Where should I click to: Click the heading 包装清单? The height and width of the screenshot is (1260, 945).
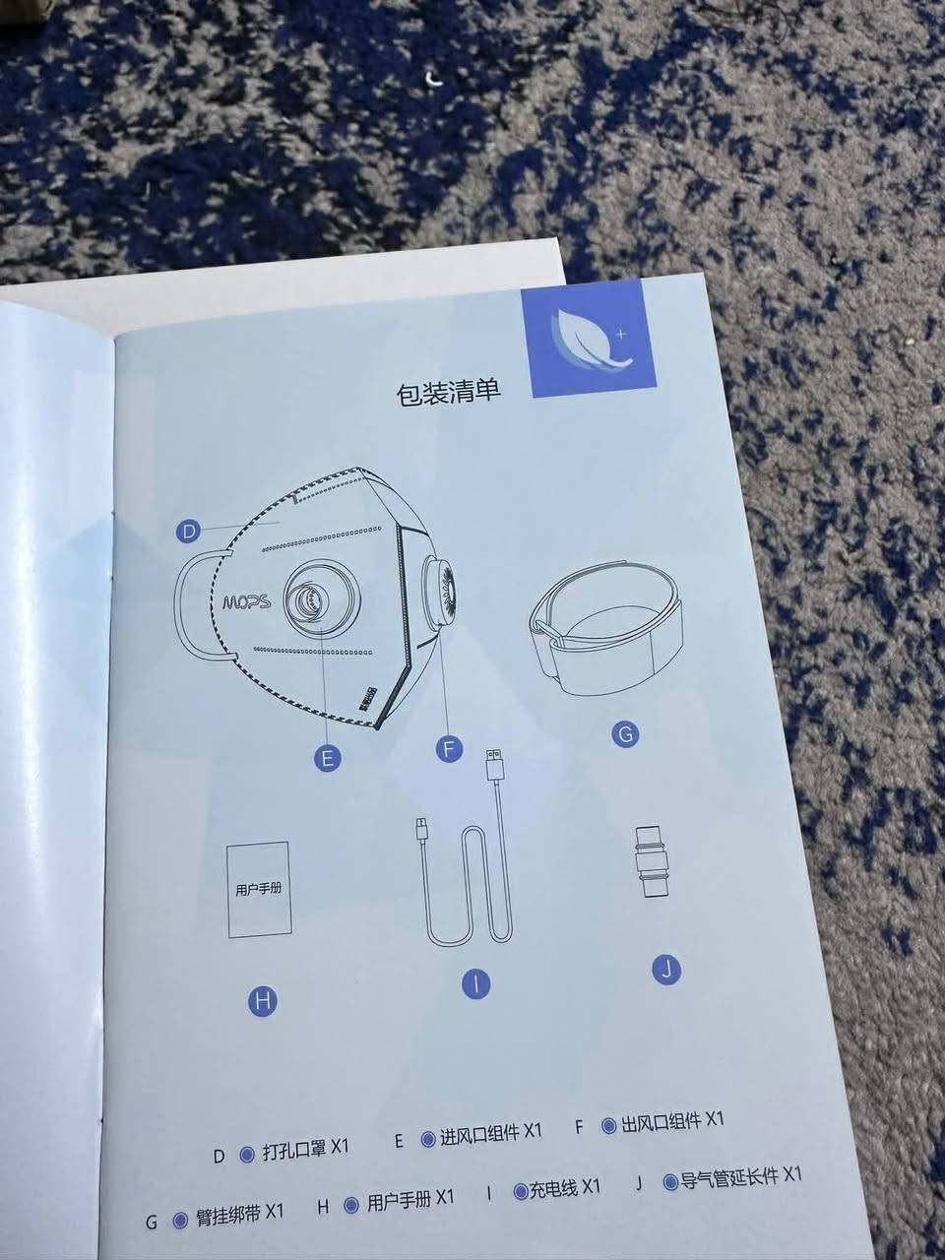tap(448, 394)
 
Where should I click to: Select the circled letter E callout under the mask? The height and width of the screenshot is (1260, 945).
tap(327, 758)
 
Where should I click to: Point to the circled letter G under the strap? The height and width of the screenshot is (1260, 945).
tap(624, 733)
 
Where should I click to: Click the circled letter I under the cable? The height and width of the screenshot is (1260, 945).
tap(476, 982)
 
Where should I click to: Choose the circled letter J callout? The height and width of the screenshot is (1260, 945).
tap(666, 970)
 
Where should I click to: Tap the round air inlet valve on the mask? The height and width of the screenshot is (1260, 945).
tap(309, 598)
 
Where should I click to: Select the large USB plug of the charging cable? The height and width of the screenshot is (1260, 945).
tap(493, 766)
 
